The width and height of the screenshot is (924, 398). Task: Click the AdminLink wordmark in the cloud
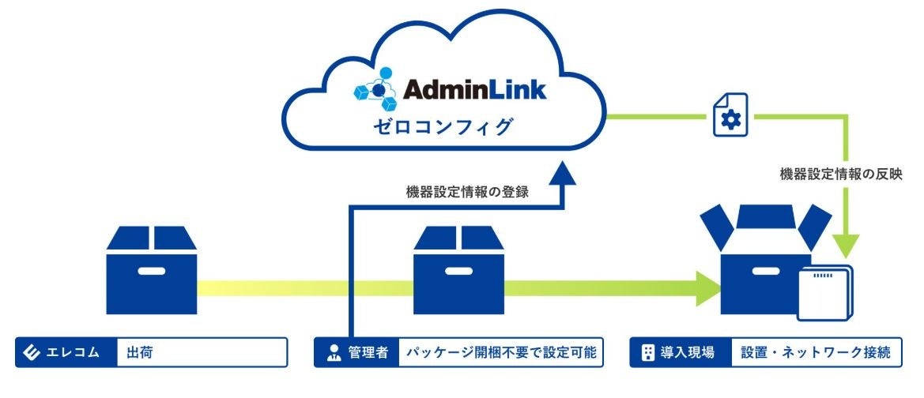tap(475, 89)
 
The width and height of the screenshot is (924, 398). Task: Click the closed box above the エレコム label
tap(151, 271)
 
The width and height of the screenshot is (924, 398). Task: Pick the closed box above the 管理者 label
tap(458, 271)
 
